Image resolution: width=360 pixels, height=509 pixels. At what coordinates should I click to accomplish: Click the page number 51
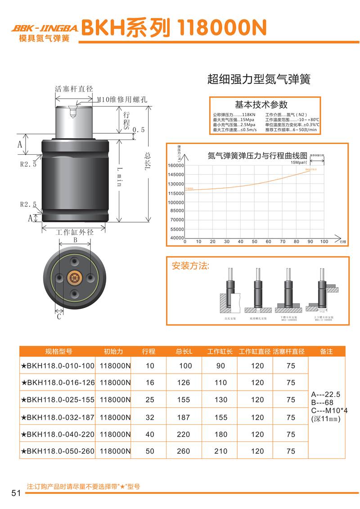pos(16,493)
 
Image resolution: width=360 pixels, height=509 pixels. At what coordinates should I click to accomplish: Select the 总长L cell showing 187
pos(184,417)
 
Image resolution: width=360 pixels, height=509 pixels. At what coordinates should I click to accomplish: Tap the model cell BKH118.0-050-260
pos(58,451)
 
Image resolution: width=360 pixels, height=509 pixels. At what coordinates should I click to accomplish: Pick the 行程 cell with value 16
pos(150,383)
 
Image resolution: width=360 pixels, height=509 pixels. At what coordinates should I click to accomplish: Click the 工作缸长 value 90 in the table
pos(220,366)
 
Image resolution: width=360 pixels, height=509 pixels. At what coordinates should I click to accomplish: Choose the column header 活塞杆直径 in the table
pos(289,351)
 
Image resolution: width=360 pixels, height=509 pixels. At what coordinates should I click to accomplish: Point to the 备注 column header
pos(326,351)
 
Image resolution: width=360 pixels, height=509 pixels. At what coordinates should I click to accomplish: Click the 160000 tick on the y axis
pos(175,166)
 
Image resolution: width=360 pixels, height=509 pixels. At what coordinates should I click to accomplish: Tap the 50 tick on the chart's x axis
pos(254,242)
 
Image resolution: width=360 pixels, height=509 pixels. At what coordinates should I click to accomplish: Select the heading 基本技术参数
pos(261,105)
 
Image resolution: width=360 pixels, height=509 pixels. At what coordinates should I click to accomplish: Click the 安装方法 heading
pos(191,266)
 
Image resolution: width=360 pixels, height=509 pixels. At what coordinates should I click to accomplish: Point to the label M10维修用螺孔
pos(122,99)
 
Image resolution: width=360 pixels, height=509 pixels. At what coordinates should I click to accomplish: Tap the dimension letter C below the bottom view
pos(59,316)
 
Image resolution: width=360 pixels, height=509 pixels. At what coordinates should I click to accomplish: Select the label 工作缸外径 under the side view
pos(74,233)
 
